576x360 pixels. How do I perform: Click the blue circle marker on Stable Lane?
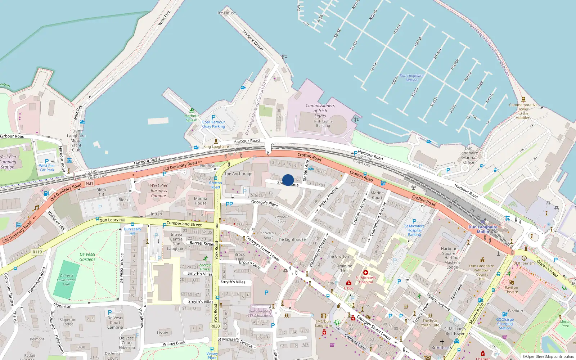(288, 180)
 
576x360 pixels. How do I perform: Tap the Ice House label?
(227, 13)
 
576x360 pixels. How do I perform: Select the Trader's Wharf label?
(253, 40)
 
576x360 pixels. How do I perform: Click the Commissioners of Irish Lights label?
(320, 111)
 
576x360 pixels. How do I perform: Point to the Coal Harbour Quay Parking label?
(213, 124)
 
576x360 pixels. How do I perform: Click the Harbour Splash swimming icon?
(192, 110)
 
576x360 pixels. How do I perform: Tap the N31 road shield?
(89, 183)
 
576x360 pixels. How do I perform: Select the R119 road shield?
(37, 252)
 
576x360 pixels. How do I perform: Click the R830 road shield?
(215, 326)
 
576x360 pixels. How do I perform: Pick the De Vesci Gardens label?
(87, 257)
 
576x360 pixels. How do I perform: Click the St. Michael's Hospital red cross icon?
(366, 273)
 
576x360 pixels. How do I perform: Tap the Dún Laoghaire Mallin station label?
(483, 229)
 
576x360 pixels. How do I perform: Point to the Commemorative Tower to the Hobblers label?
(523, 111)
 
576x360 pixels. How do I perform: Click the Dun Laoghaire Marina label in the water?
(411, 78)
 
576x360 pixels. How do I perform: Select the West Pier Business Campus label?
(159, 190)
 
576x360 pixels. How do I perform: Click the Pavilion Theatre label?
(511, 289)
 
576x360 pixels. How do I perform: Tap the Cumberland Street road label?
(184, 224)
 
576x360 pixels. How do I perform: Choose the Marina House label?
(201, 201)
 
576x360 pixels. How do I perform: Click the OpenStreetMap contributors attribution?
(548, 356)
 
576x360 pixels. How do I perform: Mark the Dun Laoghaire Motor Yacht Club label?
(76, 140)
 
